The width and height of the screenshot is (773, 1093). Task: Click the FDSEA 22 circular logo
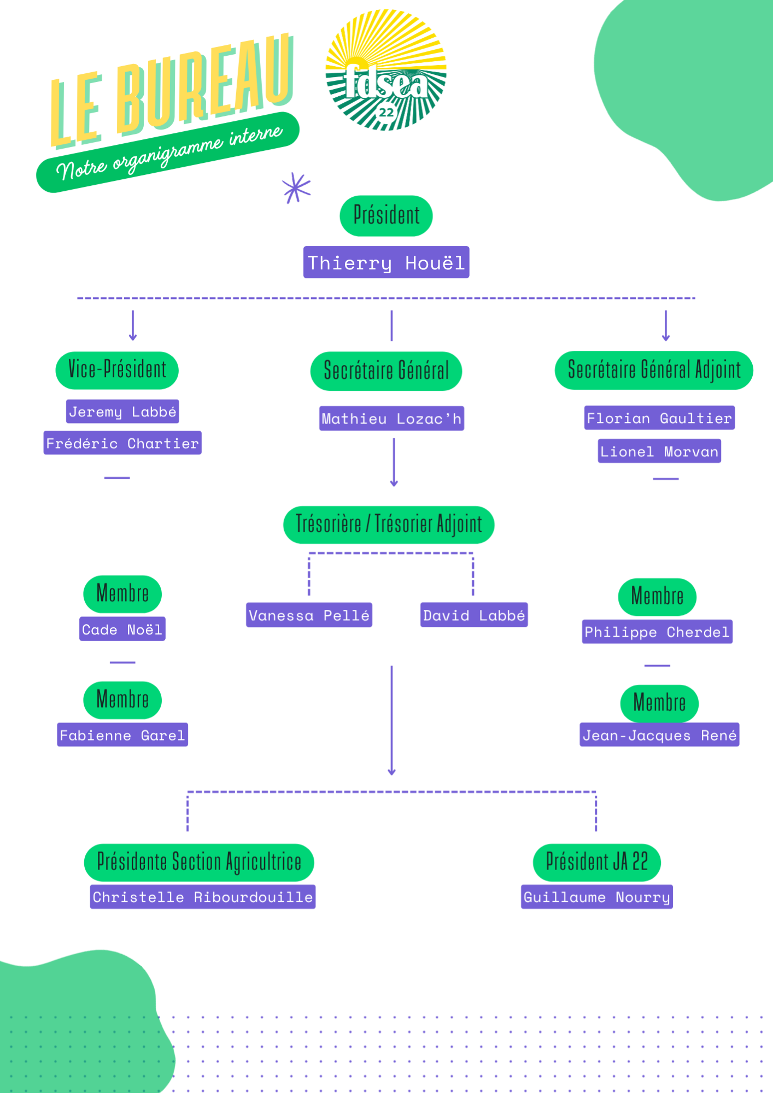pos(386,69)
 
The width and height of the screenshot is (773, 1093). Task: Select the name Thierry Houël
pos(386,262)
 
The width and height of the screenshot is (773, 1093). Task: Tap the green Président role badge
pos(386,216)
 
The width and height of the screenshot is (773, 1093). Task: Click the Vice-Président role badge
pos(117,370)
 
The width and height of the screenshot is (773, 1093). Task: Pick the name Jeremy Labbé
pos(122,412)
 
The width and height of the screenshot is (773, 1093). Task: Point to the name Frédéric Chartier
pos(122,443)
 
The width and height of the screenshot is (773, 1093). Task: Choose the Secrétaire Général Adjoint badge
pos(654,370)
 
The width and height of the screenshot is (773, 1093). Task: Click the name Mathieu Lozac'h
pos(391,419)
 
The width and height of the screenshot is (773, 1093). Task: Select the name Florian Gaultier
pos(659,418)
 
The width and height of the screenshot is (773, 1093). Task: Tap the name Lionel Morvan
pos(659,451)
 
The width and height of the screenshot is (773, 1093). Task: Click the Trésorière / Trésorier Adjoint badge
pos(389,525)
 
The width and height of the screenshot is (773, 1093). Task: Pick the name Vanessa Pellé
pos(309,615)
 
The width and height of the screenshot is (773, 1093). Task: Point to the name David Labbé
pos(474,615)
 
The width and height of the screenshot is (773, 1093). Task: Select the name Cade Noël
pos(122,629)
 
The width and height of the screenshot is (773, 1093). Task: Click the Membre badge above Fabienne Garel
pos(122,700)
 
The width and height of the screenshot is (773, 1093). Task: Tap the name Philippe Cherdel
pos(657,632)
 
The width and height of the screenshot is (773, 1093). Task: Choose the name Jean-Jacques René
pos(659,734)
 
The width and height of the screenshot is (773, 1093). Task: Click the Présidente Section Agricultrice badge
pos(199,862)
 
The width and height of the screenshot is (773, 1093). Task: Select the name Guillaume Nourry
pos(597,897)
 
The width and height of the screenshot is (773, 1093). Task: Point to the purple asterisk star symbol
pos(296,189)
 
